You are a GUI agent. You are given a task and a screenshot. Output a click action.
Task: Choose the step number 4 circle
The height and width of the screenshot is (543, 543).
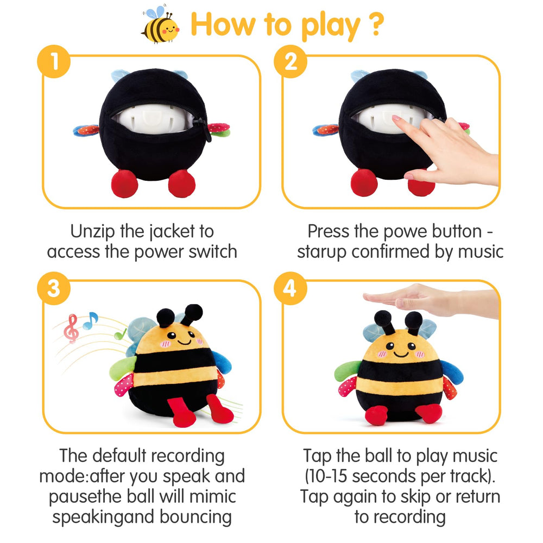pos(292,288)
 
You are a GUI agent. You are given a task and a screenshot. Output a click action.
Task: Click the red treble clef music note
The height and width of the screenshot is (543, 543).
pos(71,329)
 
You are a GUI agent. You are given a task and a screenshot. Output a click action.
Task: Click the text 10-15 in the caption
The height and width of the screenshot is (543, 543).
pos(332,476)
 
